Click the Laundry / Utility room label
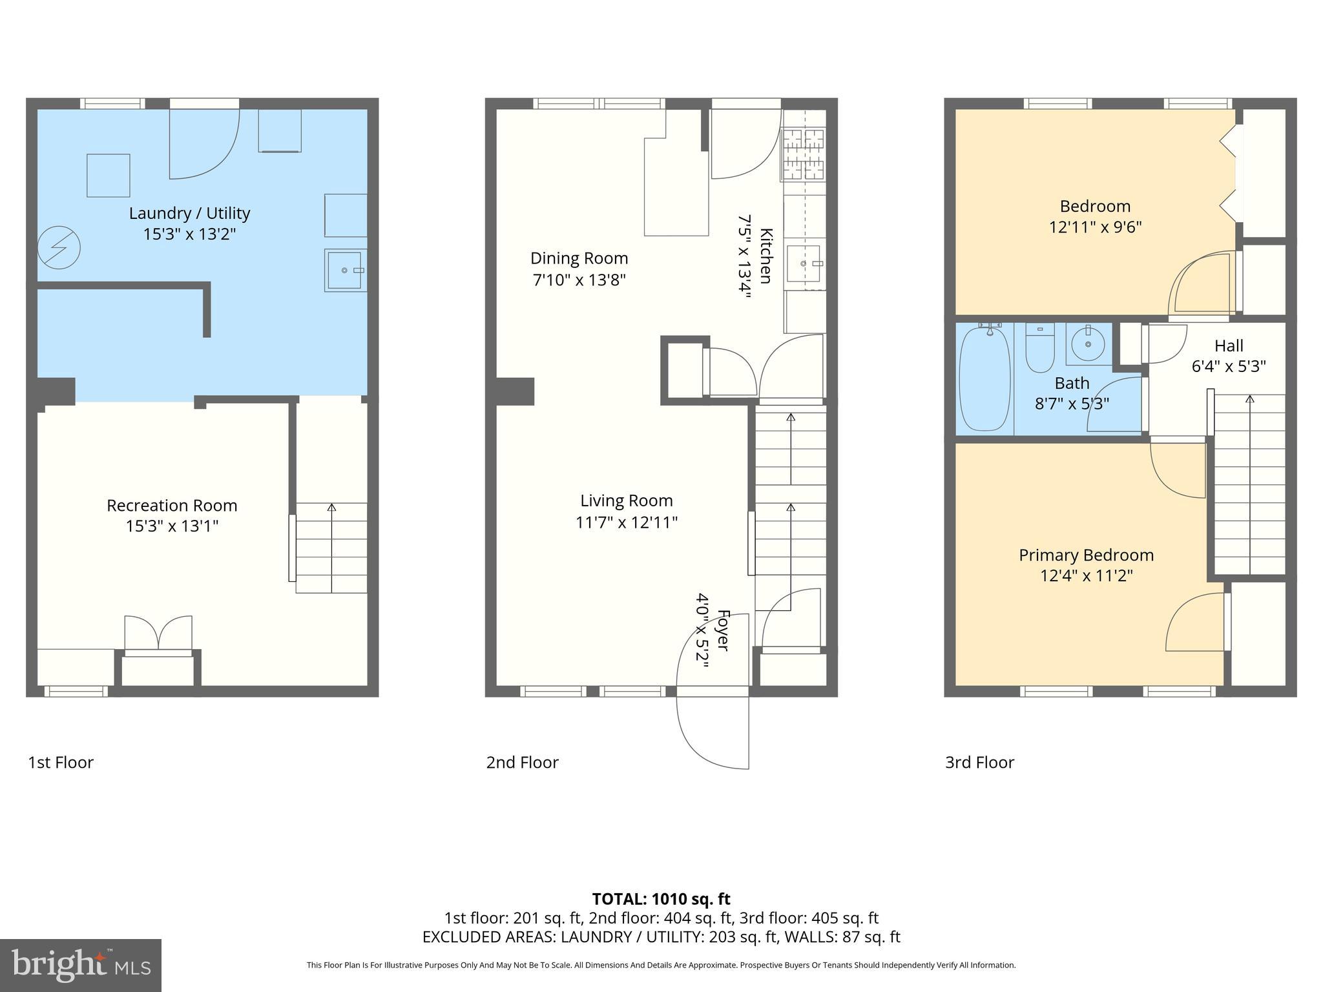189,213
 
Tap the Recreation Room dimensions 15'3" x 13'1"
172,526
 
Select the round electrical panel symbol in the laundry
59,247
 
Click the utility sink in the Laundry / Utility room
345,270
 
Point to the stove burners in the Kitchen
804,154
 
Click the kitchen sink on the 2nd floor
804,264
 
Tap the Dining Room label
579,258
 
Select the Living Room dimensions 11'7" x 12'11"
626,522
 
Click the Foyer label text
723,630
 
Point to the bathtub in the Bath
984,378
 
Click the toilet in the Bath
1039,349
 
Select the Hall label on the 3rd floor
1228,346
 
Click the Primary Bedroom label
1086,555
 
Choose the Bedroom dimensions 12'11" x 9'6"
1095,227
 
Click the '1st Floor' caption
61,763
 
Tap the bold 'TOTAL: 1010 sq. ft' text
661,899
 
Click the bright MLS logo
80,966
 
